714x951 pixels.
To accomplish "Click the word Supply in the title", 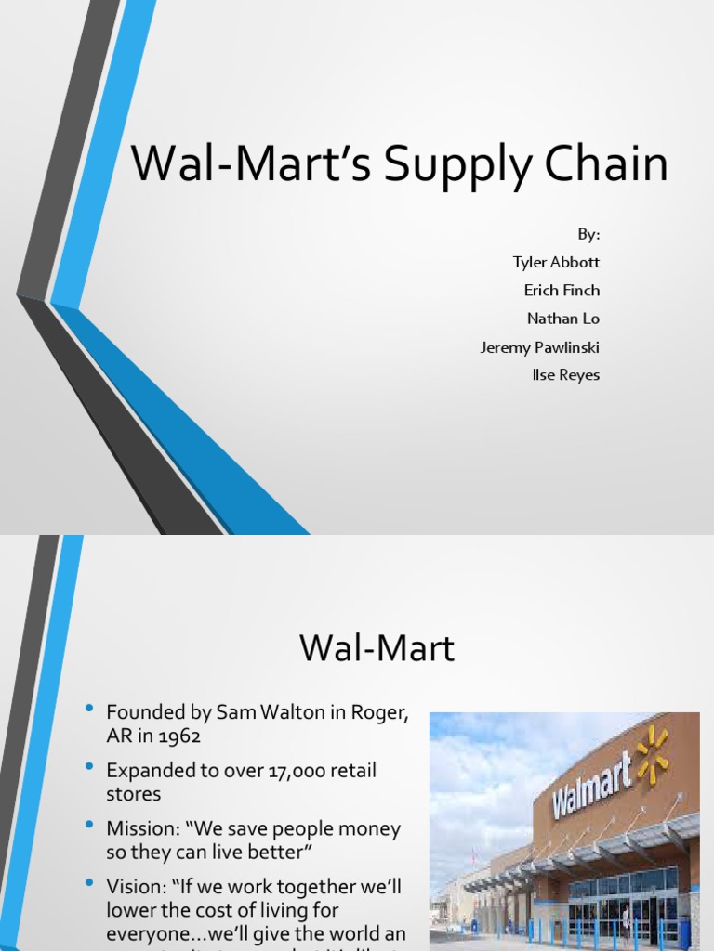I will [441, 165].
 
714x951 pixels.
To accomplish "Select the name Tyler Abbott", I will [556, 262].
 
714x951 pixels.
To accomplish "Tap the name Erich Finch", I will [562, 290].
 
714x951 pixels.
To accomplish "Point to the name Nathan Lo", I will [562, 319].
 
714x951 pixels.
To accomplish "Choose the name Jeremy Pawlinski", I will [539, 346].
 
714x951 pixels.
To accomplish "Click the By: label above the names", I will [588, 234].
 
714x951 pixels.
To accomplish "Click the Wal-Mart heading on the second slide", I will [377, 647].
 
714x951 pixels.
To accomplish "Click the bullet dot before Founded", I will [89, 710].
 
